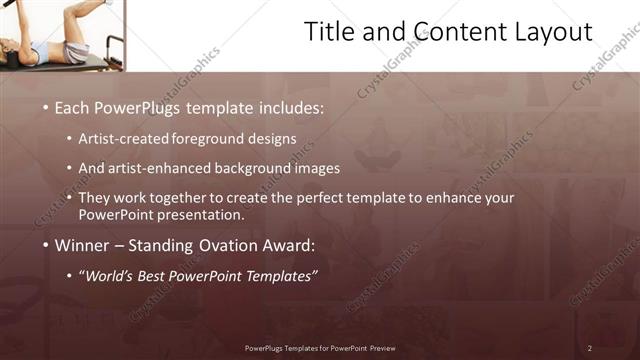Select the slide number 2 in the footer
590,348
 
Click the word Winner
82,245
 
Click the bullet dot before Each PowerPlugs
45,107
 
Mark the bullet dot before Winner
45,245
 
